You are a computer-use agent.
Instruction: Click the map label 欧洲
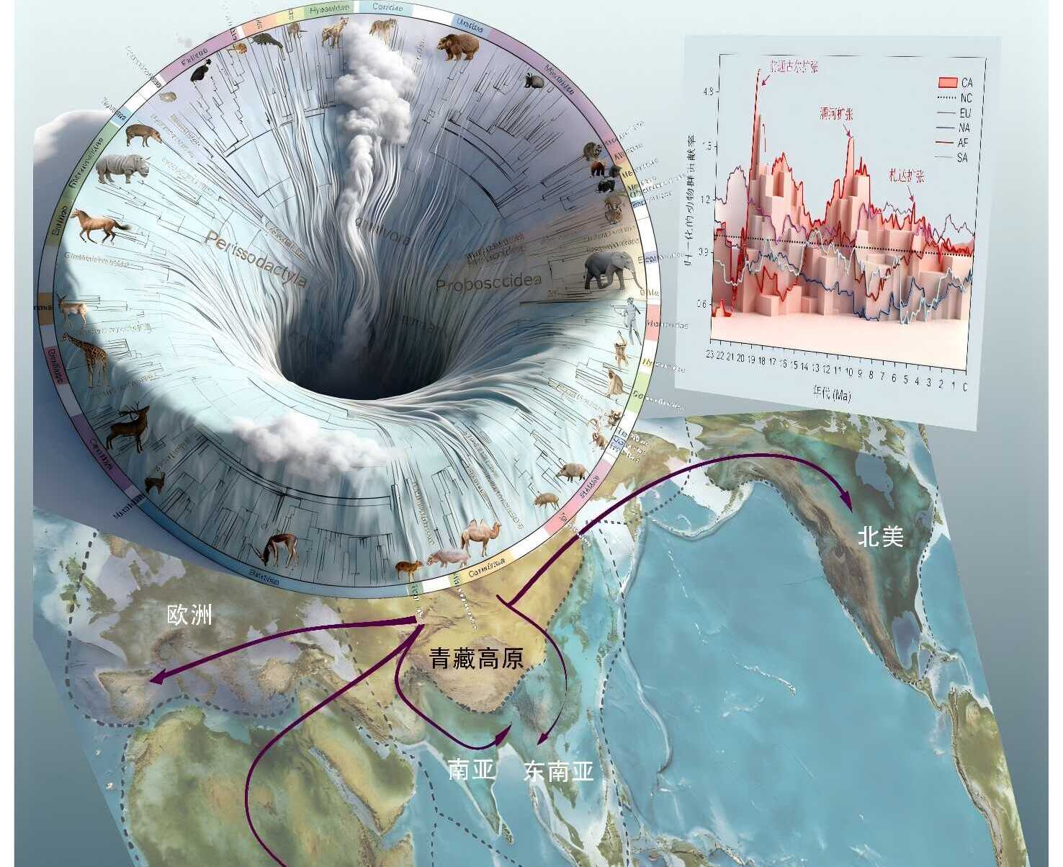(189, 615)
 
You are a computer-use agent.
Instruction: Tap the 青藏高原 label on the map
(476, 657)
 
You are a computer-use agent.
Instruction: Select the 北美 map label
(880, 535)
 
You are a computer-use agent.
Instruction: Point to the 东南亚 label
(559, 771)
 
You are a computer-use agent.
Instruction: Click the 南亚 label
(471, 770)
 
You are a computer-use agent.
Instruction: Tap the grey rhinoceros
(121, 168)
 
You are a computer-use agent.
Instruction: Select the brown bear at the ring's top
(457, 46)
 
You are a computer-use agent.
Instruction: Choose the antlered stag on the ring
(129, 427)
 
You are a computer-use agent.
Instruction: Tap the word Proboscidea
(488, 284)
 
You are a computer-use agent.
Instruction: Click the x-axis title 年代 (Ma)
(832, 394)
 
